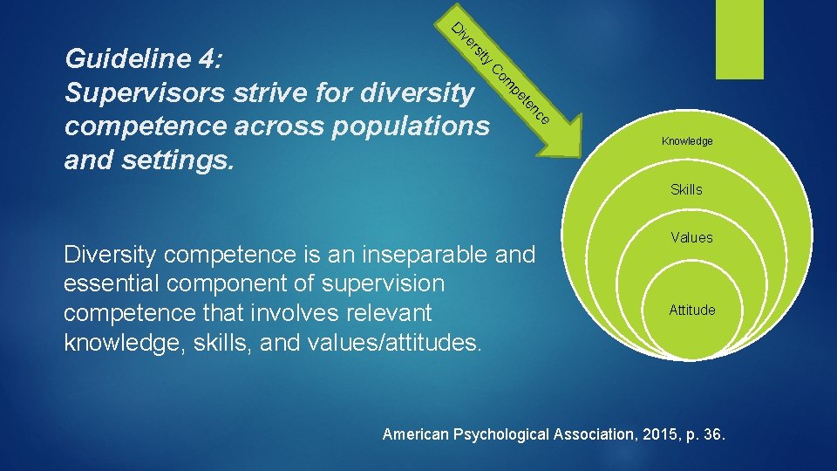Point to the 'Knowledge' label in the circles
[x=686, y=141]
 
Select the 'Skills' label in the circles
[x=686, y=189]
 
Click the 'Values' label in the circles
[x=691, y=237]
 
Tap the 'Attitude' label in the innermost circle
[x=691, y=310]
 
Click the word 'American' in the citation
[x=417, y=434]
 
